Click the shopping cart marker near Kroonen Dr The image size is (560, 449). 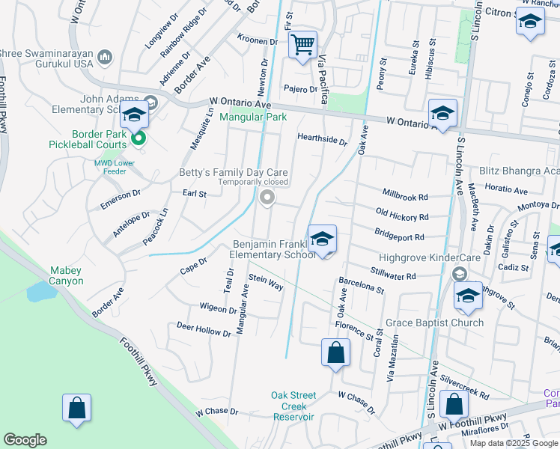302,44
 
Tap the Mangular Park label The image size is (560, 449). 252,117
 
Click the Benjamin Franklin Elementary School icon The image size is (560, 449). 322,239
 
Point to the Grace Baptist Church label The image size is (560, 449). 434,323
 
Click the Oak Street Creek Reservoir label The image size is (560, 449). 293,406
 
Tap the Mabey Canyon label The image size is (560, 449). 70,275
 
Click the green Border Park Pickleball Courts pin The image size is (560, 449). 138,138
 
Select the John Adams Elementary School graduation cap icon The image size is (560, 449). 134,114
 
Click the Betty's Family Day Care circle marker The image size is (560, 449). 267,198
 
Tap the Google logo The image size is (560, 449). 25,440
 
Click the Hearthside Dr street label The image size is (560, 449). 323,139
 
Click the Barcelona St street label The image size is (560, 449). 361,285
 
